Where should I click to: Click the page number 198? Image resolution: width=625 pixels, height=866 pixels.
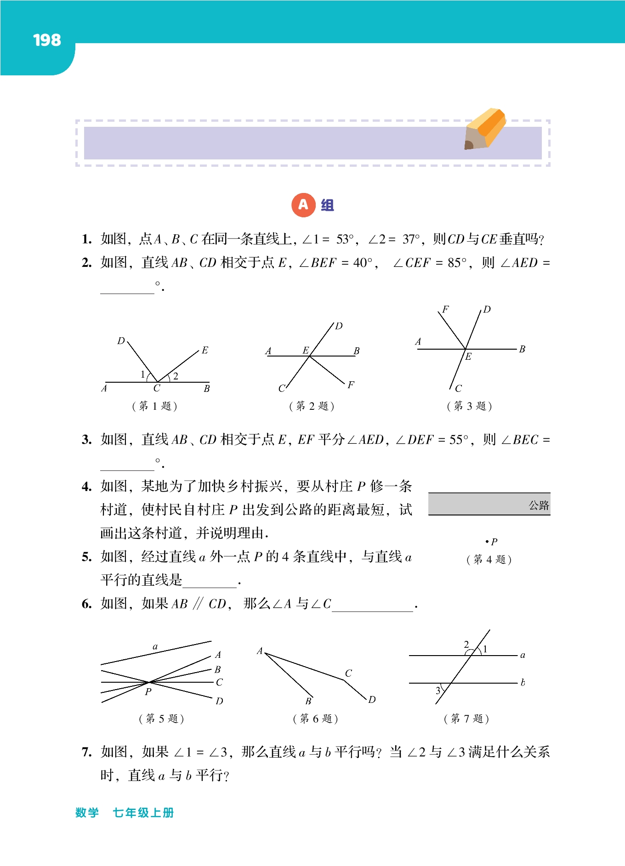click(x=47, y=40)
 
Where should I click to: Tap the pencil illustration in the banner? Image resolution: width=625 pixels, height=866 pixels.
click(x=485, y=129)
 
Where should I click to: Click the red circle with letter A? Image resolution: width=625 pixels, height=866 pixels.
click(x=303, y=205)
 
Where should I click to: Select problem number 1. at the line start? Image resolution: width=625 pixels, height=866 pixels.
click(x=87, y=239)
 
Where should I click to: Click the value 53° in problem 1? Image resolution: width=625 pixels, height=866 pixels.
click(x=345, y=239)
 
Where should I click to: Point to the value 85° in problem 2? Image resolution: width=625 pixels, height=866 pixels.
click(x=457, y=263)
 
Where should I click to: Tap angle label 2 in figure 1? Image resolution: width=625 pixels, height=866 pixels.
click(x=176, y=376)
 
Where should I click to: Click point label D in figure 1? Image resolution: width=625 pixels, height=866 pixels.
click(x=121, y=340)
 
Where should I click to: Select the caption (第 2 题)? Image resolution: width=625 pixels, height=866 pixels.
click(x=312, y=406)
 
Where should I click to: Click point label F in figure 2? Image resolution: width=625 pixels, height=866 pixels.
click(x=351, y=385)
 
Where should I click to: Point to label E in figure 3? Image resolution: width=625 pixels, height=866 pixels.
click(x=468, y=357)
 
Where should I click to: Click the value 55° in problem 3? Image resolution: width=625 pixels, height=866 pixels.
click(x=459, y=440)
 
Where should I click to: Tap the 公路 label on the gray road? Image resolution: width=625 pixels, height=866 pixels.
click(x=539, y=505)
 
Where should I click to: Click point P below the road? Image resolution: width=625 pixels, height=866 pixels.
click(x=487, y=542)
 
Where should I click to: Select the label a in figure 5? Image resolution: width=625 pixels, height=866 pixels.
click(x=155, y=647)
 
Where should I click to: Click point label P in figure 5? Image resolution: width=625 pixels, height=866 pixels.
click(x=148, y=692)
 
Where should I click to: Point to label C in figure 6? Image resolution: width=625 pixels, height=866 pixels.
click(x=348, y=674)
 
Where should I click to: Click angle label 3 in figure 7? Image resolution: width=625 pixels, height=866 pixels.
click(x=438, y=691)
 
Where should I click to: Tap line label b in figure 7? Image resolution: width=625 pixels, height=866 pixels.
click(x=523, y=683)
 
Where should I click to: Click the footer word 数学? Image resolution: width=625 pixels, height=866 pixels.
click(x=87, y=813)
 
